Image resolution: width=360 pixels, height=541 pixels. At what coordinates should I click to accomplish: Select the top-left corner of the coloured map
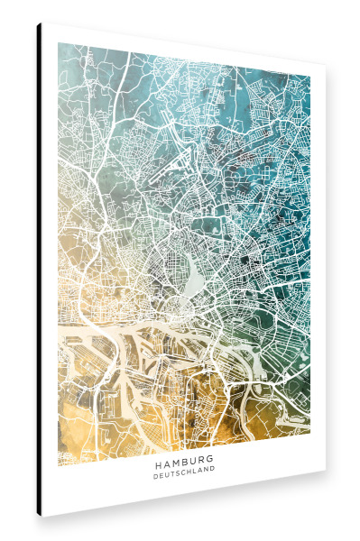59,43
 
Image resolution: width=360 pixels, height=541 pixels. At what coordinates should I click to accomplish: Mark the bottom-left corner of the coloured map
59,464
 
